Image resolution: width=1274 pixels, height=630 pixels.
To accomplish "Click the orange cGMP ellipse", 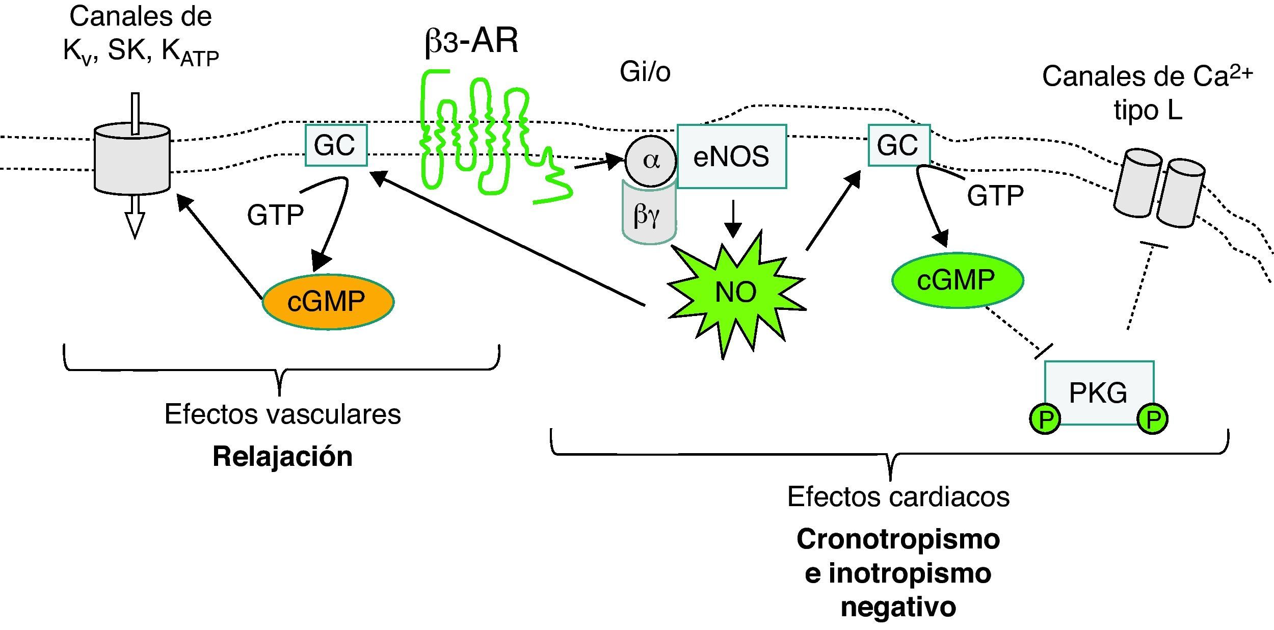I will (328, 302).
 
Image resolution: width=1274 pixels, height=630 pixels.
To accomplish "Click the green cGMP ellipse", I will (957, 280).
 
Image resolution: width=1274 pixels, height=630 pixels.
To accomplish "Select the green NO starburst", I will (736, 293).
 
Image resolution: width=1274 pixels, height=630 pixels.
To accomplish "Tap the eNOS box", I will (731, 156).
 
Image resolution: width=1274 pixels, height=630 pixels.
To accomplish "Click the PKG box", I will (1099, 392).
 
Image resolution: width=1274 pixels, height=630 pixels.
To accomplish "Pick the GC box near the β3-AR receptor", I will (336, 145).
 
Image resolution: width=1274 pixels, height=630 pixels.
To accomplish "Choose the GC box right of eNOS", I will (899, 145).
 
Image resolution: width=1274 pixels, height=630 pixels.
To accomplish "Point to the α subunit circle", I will (650, 161).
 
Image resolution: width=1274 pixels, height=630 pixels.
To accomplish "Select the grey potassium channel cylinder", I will (132, 159).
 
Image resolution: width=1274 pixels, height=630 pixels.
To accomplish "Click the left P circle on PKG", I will (1045, 419).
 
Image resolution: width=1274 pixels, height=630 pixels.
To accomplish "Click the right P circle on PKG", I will (1153, 419).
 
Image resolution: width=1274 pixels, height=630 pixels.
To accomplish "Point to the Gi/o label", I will (645, 72).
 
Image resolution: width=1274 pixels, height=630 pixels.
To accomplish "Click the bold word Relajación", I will (282, 456).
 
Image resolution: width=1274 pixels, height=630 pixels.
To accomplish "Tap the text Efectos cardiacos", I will (898, 496).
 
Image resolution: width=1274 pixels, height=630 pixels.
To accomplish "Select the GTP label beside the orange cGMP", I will (275, 215).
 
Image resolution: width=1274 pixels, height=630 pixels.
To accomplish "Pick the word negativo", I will (898, 607).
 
